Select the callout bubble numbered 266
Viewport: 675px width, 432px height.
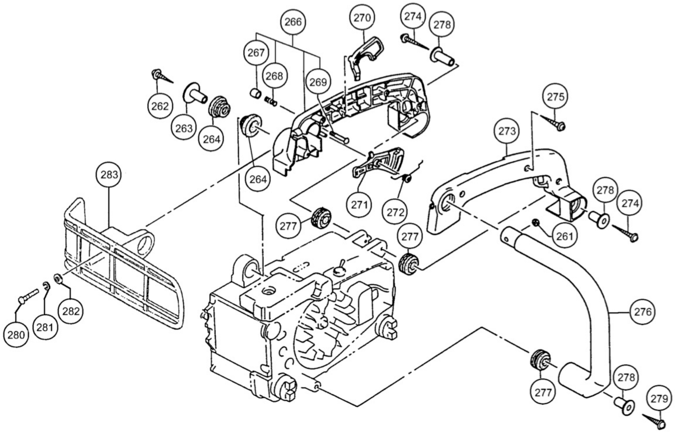(x=293, y=22)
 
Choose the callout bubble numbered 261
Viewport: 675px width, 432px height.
(x=564, y=236)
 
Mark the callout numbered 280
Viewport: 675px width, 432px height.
(x=16, y=335)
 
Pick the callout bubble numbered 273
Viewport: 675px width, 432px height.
(x=507, y=131)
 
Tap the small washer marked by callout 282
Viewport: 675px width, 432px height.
(x=58, y=279)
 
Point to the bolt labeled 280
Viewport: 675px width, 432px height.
(x=28, y=296)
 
